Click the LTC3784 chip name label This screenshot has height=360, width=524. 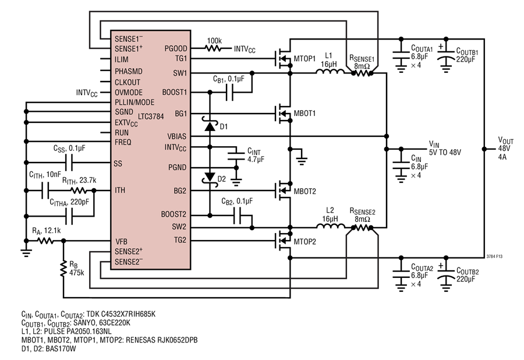151,117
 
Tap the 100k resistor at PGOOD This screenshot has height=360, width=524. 213,48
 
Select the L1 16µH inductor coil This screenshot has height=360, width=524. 330,71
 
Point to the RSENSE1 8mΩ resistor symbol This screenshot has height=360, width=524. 362,73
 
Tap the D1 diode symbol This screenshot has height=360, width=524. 210,126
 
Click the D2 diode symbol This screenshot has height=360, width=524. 210,177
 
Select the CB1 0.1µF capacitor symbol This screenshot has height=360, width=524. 229,92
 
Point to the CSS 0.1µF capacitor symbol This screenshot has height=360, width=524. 69,163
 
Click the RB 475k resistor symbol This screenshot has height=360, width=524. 63,269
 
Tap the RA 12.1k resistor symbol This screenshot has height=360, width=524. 45,241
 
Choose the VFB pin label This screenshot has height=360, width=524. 121,241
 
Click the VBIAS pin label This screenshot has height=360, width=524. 177,136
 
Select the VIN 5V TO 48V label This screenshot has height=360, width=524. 445,149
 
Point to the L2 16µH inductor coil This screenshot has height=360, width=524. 330,226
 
